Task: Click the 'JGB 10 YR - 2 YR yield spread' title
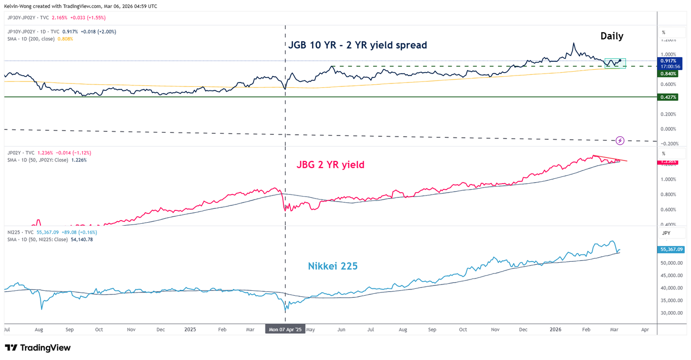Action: pos(357,45)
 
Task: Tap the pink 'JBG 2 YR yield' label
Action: pos(330,164)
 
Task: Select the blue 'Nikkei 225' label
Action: pos(333,266)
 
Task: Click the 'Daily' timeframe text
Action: pos(612,36)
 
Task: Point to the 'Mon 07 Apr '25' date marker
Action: pos(285,329)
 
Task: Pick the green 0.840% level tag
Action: pos(668,74)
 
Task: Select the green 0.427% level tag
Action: pos(668,97)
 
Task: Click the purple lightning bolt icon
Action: pos(620,140)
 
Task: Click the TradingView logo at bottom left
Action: pos(38,348)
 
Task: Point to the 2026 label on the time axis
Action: pos(555,329)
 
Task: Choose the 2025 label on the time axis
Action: pos(190,329)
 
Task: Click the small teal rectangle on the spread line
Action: pos(615,63)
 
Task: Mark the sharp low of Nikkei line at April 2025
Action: pos(286,312)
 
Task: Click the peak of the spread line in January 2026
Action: pos(573,43)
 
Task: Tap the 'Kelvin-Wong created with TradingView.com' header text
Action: pos(81,6)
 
